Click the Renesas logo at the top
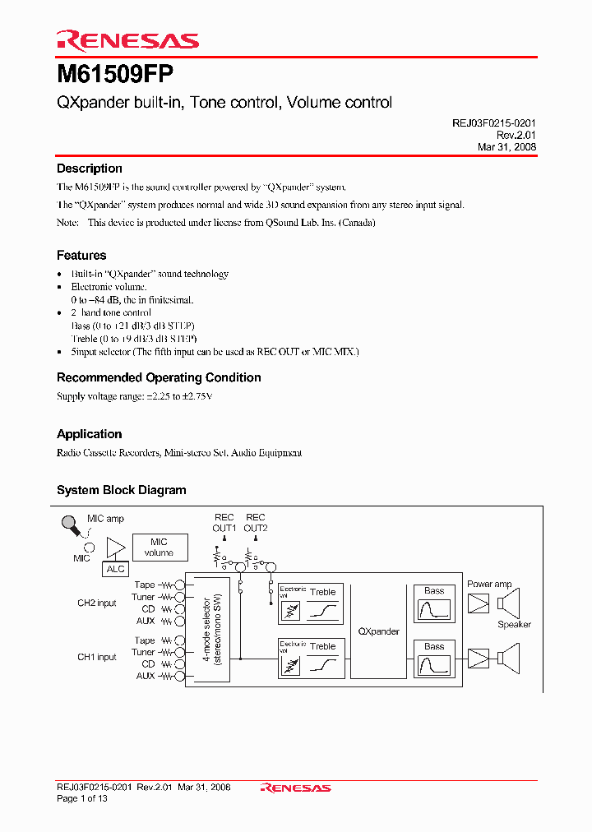pos(127,40)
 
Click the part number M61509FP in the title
pos(115,74)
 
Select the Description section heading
pos(90,169)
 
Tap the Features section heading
pos(81,256)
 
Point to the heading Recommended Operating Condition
pos(159,377)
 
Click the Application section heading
pos(90,434)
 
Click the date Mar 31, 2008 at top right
pos(507,147)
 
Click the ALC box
pos(116,569)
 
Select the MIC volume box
pos(159,547)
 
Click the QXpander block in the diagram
pos(379,631)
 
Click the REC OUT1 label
pos(224,523)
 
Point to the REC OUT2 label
pos(255,523)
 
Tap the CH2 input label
pos(97,603)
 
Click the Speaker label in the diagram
pos(514,625)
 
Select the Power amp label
pos(489,585)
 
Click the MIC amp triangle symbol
pos(116,547)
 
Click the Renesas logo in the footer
pos(296,788)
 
